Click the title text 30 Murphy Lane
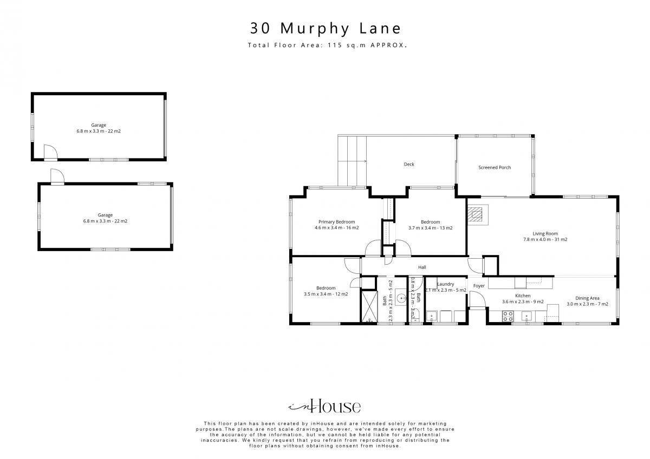tap(326, 28)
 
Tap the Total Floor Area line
tap(327, 45)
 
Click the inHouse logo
tap(324, 406)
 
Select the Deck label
tap(409, 165)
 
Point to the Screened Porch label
tap(495, 167)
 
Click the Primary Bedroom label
tap(336, 222)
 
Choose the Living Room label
tap(545, 233)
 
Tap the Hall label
tap(422, 267)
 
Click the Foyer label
tap(479, 286)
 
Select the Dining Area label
tap(587, 298)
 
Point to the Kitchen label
tap(523, 296)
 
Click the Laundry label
tap(445, 284)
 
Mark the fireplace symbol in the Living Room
tap(478, 215)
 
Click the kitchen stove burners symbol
tap(508, 316)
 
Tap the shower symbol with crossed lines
tap(369, 306)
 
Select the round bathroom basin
tap(401, 298)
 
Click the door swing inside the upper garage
tap(50, 152)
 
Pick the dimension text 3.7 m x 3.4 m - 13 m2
tap(430, 228)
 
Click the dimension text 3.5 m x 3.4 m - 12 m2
tap(326, 294)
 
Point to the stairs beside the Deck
tap(352, 161)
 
